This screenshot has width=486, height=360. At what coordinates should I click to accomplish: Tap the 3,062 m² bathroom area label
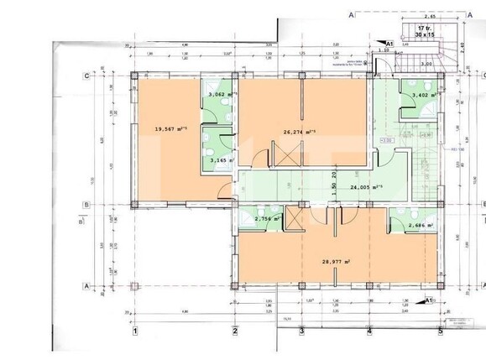222,95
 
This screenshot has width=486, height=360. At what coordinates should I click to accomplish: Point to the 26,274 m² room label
298,131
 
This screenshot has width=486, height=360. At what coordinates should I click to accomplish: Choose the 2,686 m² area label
420,225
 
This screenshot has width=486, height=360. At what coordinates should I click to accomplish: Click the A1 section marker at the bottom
429,300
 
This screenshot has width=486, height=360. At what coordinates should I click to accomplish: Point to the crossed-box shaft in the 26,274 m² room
286,156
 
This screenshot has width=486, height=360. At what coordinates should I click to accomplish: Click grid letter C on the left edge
87,76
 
